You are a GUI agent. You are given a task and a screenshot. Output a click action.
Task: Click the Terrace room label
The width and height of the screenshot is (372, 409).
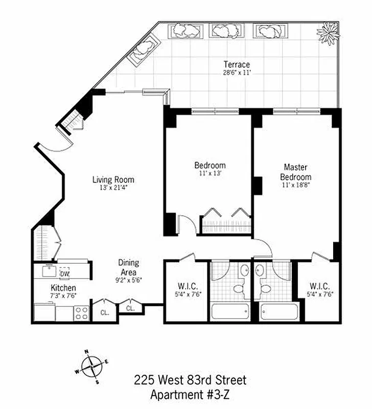[x=237, y=64]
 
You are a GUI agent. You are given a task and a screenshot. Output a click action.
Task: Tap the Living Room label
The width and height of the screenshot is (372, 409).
[x=113, y=179]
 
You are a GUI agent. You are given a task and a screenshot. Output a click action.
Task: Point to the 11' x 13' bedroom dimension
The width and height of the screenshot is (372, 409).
[x=210, y=174]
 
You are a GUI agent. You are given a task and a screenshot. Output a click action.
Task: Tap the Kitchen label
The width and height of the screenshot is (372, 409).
[x=63, y=288]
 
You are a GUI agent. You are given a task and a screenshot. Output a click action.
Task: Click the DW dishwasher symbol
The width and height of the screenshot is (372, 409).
[x=64, y=274]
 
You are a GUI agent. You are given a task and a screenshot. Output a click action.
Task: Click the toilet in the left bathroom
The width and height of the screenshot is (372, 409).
[x=238, y=288]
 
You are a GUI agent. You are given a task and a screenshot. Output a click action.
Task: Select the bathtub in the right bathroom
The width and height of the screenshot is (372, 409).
[x=276, y=311]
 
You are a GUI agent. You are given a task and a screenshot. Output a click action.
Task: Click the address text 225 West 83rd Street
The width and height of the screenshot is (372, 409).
[x=190, y=380]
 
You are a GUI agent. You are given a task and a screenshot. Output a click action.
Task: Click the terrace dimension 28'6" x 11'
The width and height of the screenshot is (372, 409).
[x=237, y=73]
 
